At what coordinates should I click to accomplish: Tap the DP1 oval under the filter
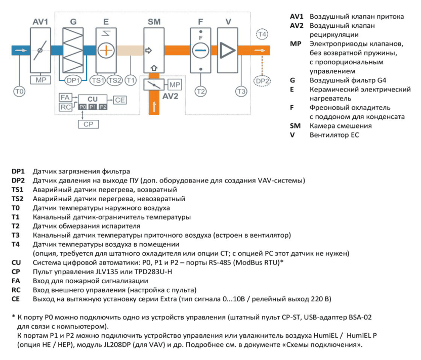(x=73, y=80)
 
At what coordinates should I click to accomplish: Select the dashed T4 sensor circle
(x=262, y=34)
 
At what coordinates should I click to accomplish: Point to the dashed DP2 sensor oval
(x=262, y=81)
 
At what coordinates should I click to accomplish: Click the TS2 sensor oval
(x=115, y=80)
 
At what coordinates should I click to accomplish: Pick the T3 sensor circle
(x=241, y=92)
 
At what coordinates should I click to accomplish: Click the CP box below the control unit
(x=89, y=124)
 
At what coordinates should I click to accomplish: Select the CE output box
(x=120, y=100)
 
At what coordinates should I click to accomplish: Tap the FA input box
(x=65, y=97)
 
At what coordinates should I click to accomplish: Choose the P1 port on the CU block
(x=93, y=107)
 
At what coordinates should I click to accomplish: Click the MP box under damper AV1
(x=40, y=80)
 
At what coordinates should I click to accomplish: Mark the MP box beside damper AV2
(x=175, y=85)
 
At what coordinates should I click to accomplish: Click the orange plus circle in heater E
(x=106, y=51)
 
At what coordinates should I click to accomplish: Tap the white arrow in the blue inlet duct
(x=21, y=51)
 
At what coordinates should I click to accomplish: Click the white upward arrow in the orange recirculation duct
(x=154, y=106)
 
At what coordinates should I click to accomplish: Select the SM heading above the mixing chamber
(x=154, y=22)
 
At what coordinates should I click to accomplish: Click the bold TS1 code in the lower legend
(x=17, y=190)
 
